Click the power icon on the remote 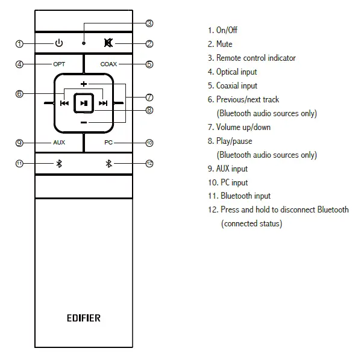[58, 43]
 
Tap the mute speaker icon [108, 43]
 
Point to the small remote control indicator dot [84, 43]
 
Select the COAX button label [108, 64]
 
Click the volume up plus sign [84, 83]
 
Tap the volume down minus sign [84, 122]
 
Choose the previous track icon [64, 103]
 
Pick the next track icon [103, 103]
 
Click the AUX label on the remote [58, 143]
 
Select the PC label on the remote [108, 143]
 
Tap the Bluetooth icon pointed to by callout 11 [59, 164]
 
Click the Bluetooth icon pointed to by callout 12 [108, 164]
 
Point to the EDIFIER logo [84, 317]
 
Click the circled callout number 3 [149, 23]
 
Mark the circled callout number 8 [149, 110]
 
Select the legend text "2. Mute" [220, 44]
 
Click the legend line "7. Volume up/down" [239, 127]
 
